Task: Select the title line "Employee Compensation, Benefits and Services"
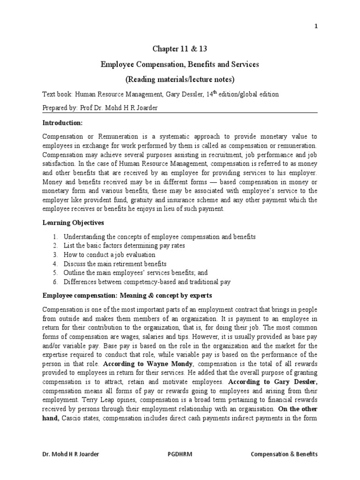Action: click(x=180, y=64)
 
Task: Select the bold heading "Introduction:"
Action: click(x=62, y=122)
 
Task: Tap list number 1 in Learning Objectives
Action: click(x=55, y=237)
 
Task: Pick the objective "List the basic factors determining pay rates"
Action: click(x=124, y=246)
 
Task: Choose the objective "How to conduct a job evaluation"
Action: click(x=109, y=255)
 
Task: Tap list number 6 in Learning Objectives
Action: click(x=55, y=282)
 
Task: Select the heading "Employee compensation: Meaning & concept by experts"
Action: click(x=127, y=296)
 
